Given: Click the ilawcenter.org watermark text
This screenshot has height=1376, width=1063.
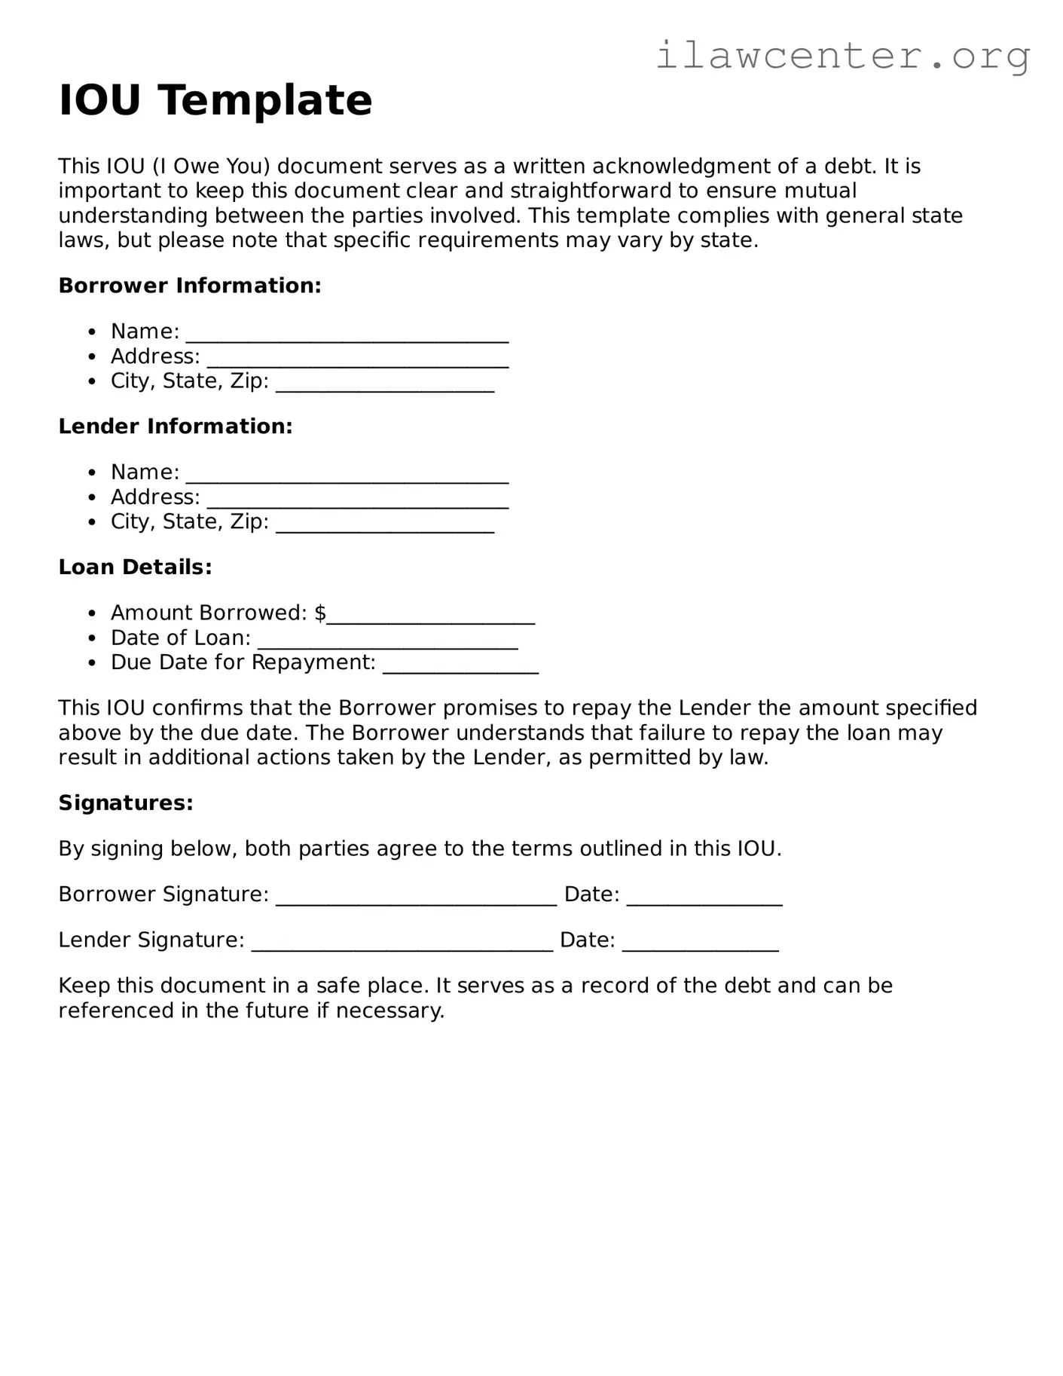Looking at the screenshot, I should [x=842, y=56].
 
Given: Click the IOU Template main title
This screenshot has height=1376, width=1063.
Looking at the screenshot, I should [x=215, y=100].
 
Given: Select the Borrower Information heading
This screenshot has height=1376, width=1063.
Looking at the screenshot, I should [x=190, y=286].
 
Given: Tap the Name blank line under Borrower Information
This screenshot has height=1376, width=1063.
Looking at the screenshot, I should [x=347, y=335].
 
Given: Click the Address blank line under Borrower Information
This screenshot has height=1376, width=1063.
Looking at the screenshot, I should [x=358, y=360].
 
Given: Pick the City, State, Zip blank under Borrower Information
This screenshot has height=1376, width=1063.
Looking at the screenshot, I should [x=385, y=385].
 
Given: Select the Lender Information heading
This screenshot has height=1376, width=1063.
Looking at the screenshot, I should [x=176, y=427].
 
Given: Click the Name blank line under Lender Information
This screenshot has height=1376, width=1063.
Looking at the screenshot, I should [x=347, y=476].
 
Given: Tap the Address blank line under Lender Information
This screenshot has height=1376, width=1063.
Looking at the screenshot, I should [x=358, y=501].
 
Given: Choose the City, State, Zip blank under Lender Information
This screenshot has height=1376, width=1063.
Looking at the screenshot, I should [x=385, y=526].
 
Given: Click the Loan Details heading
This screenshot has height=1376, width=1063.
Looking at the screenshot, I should [x=136, y=567].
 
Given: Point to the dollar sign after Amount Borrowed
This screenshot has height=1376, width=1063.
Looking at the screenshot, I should [x=320, y=613].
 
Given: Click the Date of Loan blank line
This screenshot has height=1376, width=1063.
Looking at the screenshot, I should [x=387, y=642].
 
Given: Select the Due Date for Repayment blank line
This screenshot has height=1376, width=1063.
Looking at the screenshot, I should [x=460, y=667].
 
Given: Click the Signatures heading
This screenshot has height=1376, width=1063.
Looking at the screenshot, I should [x=126, y=803].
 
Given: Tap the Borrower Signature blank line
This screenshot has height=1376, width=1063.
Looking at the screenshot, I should [x=416, y=898].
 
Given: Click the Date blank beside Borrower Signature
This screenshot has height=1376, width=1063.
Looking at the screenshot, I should [x=704, y=898].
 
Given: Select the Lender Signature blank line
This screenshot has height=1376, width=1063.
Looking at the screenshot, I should [x=402, y=944].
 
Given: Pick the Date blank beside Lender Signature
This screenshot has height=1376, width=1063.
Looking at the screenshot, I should [x=700, y=944].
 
